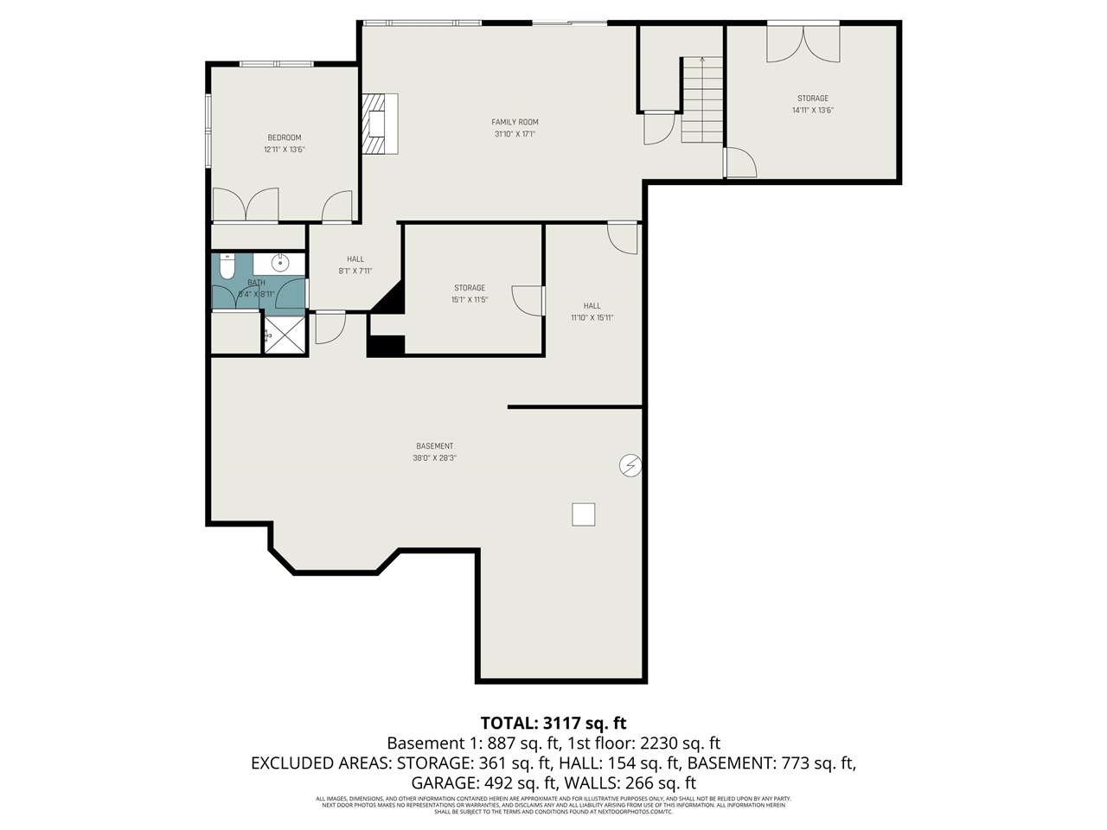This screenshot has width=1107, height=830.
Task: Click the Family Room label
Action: [x=515, y=122]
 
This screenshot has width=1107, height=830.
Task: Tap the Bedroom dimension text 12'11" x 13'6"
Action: [x=285, y=150]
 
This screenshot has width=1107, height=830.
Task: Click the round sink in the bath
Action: [x=280, y=263]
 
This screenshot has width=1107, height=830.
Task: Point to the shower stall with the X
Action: [x=285, y=335]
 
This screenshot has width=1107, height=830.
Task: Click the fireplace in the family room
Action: [x=380, y=124]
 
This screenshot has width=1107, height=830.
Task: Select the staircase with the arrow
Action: [x=701, y=100]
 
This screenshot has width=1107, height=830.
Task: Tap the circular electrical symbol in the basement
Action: [x=630, y=466]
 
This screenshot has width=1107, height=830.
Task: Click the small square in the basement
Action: [x=584, y=514]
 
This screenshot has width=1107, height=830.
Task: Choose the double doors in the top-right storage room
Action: [x=803, y=43]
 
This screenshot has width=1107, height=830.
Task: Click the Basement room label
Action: [x=434, y=446]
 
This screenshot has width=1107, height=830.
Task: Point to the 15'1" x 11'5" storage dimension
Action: [x=470, y=300]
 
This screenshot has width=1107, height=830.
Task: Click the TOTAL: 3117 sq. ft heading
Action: [x=553, y=723]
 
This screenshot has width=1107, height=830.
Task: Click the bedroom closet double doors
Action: [x=246, y=206]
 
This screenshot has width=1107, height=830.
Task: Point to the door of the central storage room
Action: [x=528, y=299]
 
